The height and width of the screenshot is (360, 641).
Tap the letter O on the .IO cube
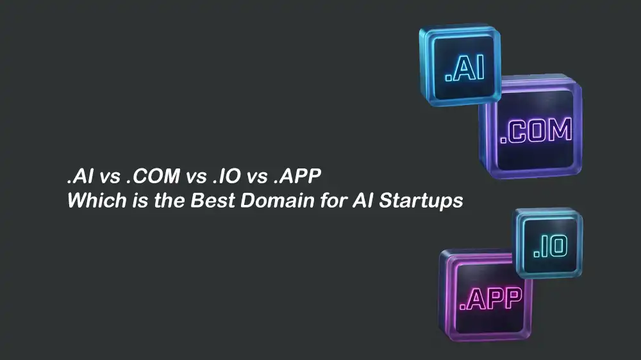coord(558,246)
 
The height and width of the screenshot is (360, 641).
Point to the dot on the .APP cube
coord(463,305)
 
